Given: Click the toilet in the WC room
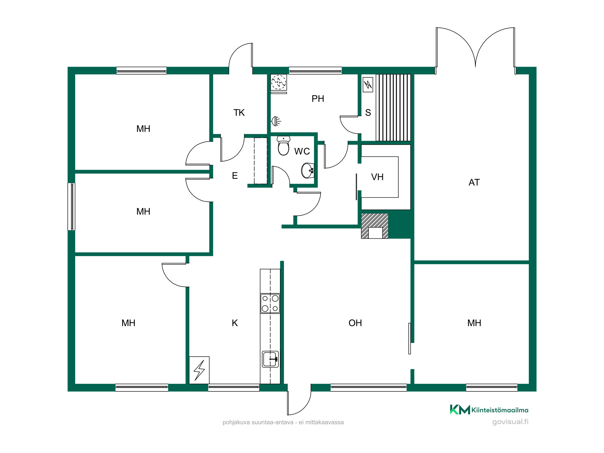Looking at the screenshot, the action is click(284, 146).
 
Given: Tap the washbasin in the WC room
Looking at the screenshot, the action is click(308, 171).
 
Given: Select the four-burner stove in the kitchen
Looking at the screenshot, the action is click(270, 303).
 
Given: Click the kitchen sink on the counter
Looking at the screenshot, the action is click(270, 359).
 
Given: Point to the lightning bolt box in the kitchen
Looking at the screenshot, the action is click(199, 370).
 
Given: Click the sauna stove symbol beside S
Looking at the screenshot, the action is click(368, 85).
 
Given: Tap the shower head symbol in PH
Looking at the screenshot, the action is click(276, 121).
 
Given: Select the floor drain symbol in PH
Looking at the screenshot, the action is click(279, 82).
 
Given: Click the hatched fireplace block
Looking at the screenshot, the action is click(375, 226).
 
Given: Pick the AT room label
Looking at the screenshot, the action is click(474, 182).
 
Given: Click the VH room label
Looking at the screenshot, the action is click(377, 177).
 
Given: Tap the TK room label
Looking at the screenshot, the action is click(239, 113).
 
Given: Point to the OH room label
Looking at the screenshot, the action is click(355, 323).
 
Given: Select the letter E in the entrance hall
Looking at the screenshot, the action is click(235, 176).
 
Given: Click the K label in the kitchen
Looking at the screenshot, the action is click(235, 323).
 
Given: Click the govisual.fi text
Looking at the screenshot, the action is click(510, 422).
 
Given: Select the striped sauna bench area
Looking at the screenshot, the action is click(393, 108).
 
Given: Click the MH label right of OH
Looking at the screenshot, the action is click(474, 323).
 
